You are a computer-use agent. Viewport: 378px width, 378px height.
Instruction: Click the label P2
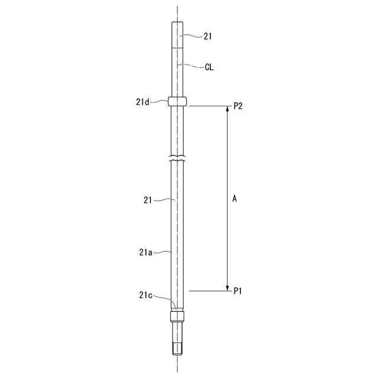point(238,106)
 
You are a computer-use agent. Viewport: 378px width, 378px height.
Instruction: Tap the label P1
point(237,291)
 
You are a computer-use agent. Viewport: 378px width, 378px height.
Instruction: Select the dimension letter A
point(234,199)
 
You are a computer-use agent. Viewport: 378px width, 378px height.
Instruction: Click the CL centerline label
point(209,67)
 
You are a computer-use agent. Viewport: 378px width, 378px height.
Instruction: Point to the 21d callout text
point(142,102)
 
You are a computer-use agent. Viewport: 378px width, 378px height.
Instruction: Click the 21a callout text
point(146,252)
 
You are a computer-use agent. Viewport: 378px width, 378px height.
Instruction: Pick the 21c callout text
point(146,295)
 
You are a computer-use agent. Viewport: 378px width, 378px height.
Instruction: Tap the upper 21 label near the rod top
point(208,37)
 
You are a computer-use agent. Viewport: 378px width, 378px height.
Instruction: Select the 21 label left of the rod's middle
point(148,200)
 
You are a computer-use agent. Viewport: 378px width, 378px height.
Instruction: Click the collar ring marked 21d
point(177,101)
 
